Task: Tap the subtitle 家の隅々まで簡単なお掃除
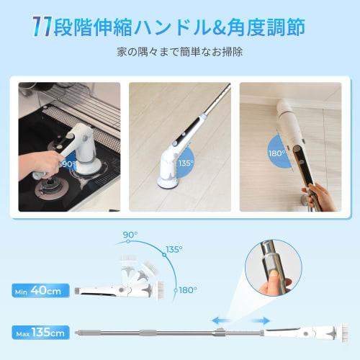coord(179,54)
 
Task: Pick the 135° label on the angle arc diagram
coord(174,249)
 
